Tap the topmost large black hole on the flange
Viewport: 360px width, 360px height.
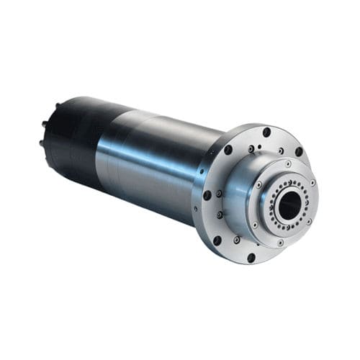266,132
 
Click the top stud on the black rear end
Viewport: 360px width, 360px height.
57,106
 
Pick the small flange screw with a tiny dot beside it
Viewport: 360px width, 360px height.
251,149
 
